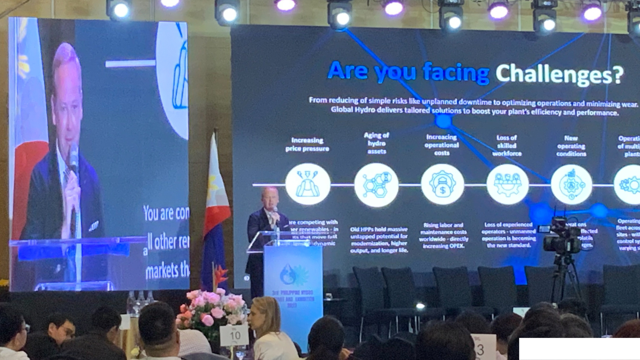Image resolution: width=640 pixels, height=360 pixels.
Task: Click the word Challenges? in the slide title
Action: point(559,74)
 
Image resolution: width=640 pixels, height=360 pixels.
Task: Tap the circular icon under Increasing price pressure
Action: point(308,184)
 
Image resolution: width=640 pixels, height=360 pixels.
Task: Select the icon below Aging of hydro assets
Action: point(376,185)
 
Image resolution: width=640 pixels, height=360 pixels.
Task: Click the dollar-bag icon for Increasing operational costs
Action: point(442,184)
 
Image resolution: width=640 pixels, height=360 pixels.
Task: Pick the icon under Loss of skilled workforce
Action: point(507,184)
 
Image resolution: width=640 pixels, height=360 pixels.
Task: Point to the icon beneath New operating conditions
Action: point(571,185)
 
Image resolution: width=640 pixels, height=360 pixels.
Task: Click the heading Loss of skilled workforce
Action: point(507,146)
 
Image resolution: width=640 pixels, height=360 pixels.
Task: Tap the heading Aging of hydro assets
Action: point(377,143)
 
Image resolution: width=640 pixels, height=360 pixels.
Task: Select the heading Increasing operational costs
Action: point(442,145)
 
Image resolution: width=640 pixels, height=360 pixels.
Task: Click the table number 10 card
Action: point(234,335)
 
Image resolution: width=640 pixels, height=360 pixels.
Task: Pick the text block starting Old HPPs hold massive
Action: point(379,240)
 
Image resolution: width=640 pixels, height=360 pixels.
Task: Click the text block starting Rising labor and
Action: point(443,236)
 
